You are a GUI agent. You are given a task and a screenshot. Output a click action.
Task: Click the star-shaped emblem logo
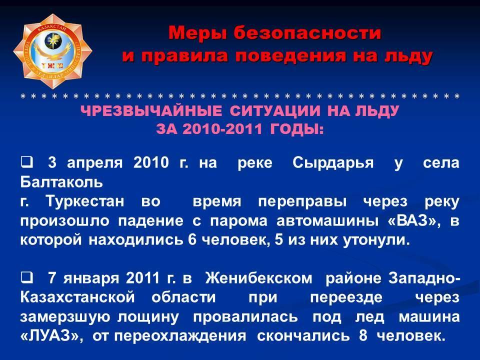point(52,51)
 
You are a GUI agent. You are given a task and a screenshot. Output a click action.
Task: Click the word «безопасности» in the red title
point(307,33)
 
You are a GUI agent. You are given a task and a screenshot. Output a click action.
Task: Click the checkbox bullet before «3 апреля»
point(26,161)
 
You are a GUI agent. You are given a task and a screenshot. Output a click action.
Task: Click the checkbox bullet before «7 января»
point(26,277)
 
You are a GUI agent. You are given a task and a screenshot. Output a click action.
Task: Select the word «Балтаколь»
point(61,182)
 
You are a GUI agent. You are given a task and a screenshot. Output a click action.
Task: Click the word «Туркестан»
point(85,201)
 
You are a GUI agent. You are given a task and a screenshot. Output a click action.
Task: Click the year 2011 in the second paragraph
point(143,278)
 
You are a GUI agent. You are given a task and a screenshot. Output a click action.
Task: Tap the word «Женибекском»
point(259,278)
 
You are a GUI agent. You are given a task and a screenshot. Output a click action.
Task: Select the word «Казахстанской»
point(77,297)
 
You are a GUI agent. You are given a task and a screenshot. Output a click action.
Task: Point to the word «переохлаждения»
point(180,336)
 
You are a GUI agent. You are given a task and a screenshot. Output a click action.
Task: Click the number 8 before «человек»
point(363,335)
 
